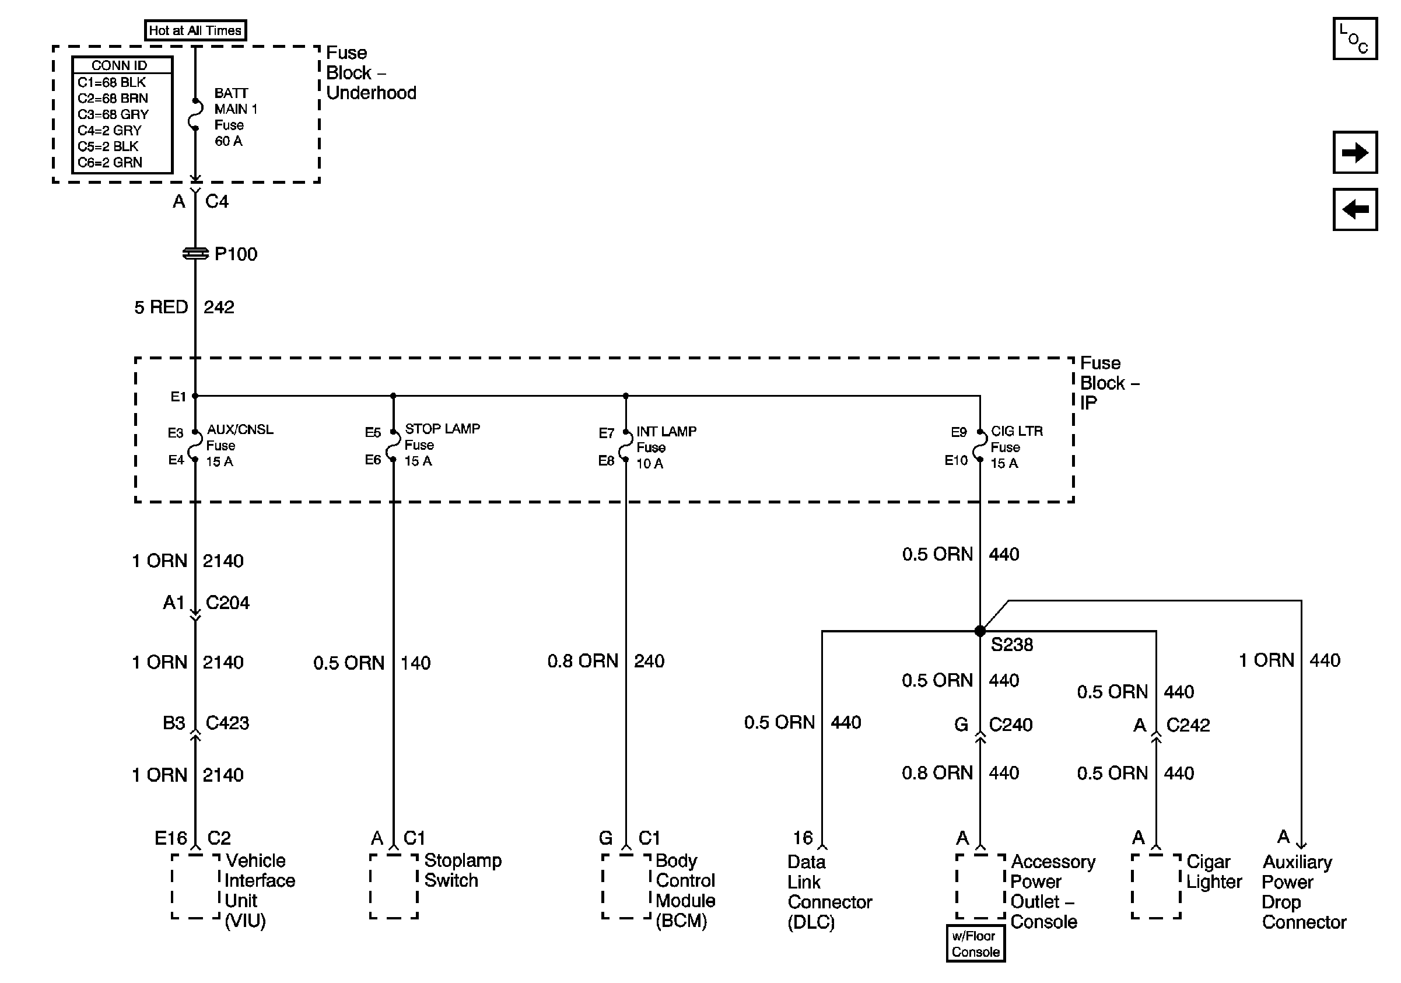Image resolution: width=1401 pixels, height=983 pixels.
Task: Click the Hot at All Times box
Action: [195, 30]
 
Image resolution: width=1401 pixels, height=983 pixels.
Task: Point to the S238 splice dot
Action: [980, 631]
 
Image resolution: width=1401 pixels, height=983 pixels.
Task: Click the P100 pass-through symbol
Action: [195, 253]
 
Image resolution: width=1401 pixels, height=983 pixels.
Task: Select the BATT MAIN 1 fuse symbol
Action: [195, 114]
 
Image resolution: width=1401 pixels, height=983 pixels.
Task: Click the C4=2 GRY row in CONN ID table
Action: [110, 130]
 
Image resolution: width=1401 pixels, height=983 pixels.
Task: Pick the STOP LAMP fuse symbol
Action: [393, 446]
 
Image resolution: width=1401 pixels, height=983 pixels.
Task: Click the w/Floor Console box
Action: [975, 943]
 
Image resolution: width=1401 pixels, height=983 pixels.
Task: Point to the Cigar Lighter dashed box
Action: [1155, 886]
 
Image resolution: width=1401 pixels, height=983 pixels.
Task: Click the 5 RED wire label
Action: [160, 307]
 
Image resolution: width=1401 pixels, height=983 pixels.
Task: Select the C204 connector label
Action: [227, 603]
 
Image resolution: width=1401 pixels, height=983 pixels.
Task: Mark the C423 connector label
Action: [227, 723]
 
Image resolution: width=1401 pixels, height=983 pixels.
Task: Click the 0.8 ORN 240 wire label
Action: [605, 661]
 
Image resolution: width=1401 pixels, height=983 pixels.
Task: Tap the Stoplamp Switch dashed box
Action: [394, 886]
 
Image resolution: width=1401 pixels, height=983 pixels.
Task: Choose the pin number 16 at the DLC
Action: [803, 838]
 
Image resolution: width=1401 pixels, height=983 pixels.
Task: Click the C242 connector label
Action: [1188, 725]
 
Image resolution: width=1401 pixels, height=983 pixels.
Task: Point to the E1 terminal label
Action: [177, 397]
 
